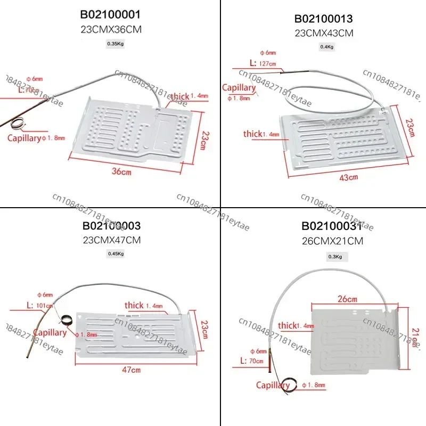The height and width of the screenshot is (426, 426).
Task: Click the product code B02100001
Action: (111, 14)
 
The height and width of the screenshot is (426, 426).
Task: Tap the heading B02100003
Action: (111, 226)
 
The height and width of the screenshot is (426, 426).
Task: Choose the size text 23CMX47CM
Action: (111, 240)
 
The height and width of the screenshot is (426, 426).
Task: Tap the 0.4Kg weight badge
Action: (326, 47)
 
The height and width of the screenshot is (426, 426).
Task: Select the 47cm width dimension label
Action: (136, 370)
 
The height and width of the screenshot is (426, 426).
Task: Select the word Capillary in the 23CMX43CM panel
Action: (239, 87)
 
